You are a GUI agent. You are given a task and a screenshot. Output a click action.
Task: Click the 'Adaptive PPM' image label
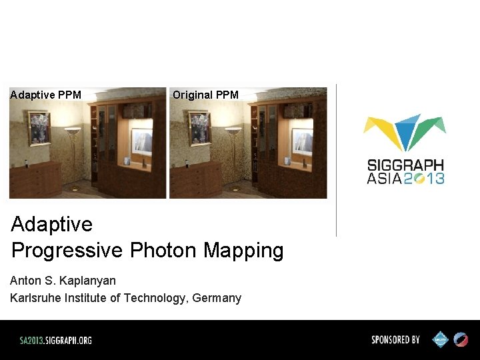[x=46, y=95]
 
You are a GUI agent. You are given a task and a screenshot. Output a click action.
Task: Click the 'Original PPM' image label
[x=205, y=95]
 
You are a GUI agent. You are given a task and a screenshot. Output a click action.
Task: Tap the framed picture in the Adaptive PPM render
[x=39, y=128]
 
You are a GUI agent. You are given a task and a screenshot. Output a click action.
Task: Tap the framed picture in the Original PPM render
[x=199, y=128]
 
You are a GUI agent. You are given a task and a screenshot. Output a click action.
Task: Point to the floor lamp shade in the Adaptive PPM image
[x=73, y=131]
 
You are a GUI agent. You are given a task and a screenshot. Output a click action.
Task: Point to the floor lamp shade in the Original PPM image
[x=233, y=131]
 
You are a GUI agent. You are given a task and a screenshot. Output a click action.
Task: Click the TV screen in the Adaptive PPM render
[x=142, y=143]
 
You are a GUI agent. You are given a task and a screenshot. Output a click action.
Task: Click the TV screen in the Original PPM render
[x=303, y=143]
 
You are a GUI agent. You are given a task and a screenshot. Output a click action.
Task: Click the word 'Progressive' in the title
[x=67, y=251]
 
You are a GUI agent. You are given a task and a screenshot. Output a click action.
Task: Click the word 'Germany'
[x=217, y=298]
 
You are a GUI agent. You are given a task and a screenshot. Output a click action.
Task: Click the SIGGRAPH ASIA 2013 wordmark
[x=405, y=171]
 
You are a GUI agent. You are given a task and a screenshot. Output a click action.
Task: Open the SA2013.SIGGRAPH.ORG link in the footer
[x=55, y=340]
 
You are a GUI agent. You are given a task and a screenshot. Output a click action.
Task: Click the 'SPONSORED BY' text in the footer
[x=395, y=340]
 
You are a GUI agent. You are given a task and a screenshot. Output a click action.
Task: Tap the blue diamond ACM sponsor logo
[x=441, y=340]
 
